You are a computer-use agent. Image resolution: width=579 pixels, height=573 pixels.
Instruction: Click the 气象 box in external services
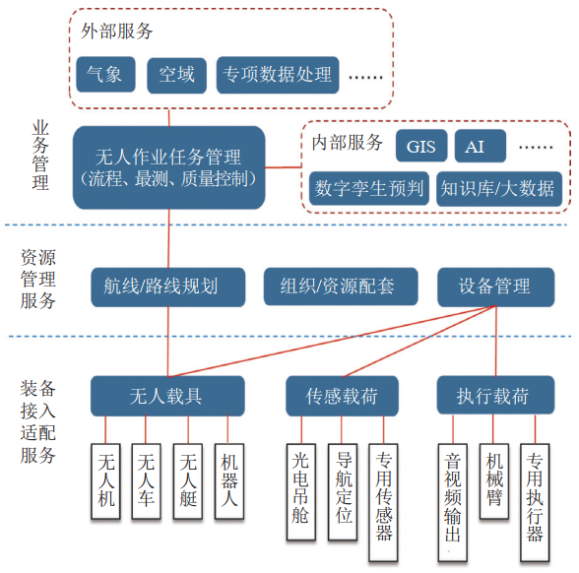tap(105, 74)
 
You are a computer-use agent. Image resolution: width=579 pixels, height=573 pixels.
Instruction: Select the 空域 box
tap(176, 75)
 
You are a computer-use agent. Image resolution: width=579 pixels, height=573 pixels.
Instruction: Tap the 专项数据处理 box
tap(278, 75)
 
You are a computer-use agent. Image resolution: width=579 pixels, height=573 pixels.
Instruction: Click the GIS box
tap(421, 146)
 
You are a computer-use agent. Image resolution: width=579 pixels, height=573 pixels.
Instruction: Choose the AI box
tap(481, 146)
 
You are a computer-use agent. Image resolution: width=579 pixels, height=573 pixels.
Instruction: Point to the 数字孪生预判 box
tap(369, 188)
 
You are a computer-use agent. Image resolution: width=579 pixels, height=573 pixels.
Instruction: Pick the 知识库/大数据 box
tap(499, 188)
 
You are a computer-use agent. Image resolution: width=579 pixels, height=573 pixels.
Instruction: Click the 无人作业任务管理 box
tap(168, 167)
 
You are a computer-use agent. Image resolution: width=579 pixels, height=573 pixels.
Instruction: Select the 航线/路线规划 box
tap(168, 286)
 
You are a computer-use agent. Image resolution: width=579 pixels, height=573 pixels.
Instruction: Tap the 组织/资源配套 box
tap(341, 286)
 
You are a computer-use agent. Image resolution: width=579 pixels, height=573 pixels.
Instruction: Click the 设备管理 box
tap(496, 286)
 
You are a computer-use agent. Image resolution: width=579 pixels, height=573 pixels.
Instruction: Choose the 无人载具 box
tap(167, 396)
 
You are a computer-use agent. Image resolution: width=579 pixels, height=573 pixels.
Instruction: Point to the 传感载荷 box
tap(342, 396)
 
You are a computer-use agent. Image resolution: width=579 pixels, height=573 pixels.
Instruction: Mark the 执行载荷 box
tap(495, 395)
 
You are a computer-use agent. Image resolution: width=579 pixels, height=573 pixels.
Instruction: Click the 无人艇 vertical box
tap(188, 481)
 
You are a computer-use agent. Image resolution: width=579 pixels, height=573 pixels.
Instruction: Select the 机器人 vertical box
tap(228, 481)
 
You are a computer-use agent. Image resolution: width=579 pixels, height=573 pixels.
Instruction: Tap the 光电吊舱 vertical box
tap(301, 492)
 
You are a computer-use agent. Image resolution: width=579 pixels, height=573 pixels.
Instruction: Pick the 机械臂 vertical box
tap(494, 481)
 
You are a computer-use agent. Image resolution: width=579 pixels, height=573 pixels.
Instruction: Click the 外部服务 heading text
tap(116, 32)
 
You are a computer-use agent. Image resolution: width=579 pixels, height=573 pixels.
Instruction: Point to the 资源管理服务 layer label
tap(38, 280)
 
